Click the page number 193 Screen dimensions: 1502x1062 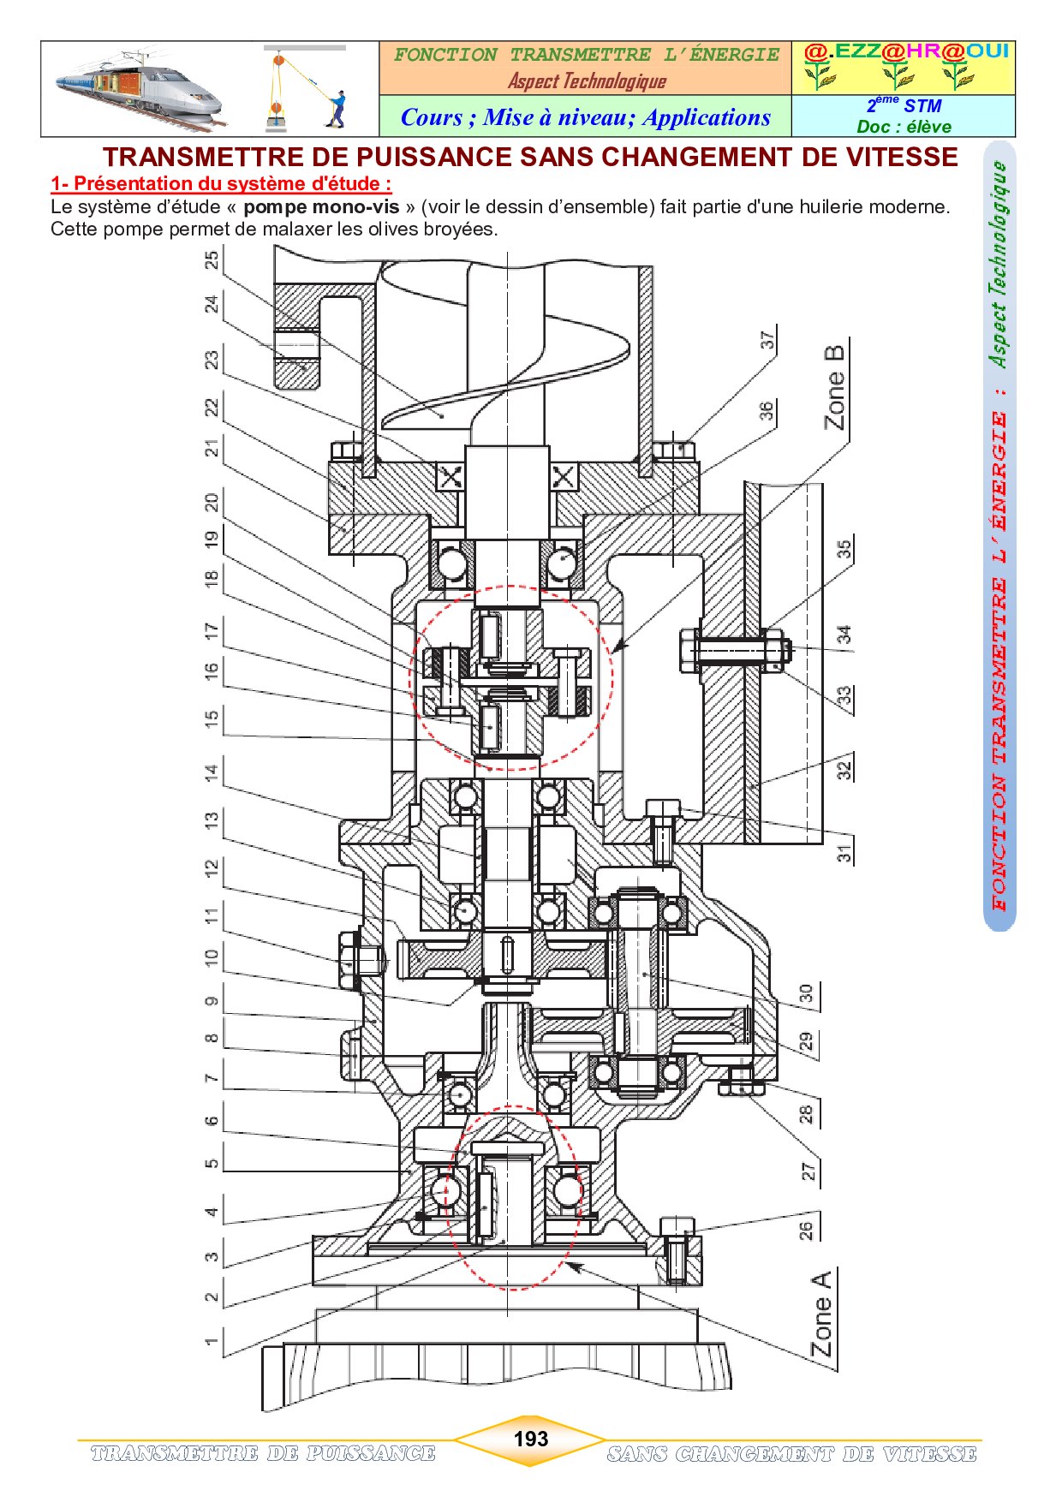pyautogui.click(x=530, y=1439)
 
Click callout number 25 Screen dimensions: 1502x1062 pyautogui.click(x=212, y=259)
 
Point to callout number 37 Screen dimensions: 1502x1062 pyautogui.click(x=767, y=340)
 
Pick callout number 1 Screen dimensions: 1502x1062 pyautogui.click(x=212, y=1341)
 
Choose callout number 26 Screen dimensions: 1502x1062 pyautogui.click(x=806, y=1231)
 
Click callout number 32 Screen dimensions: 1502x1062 pyautogui.click(x=844, y=770)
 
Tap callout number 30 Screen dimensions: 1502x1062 pyautogui.click(x=806, y=993)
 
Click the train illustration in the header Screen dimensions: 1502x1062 pyautogui.click(x=137, y=90)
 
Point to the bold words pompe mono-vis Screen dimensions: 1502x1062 pyautogui.click(x=321, y=207)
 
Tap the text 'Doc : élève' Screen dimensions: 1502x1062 pyautogui.click(x=904, y=127)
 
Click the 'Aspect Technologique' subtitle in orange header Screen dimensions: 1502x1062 pyautogui.click(x=587, y=81)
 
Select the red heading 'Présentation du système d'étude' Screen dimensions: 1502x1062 pyautogui.click(x=221, y=183)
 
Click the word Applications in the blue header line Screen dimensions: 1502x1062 pyautogui.click(x=707, y=117)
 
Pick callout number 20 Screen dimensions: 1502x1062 pyautogui.click(x=212, y=501)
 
